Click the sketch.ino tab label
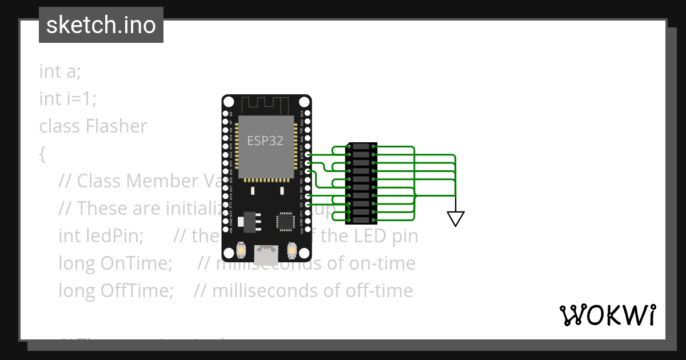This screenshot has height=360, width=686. [x=101, y=25]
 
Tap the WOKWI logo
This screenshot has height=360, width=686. [x=607, y=315]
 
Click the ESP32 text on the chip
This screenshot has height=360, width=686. [x=265, y=141]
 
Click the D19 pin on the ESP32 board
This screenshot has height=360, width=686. [x=308, y=155]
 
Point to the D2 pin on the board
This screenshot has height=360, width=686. [x=308, y=205]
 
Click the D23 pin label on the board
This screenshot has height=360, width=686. [x=302, y=114]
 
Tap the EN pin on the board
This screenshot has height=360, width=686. [x=226, y=114]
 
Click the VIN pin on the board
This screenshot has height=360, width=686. [x=226, y=230]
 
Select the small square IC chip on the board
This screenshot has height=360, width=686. [x=284, y=221]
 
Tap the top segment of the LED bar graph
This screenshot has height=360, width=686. [x=361, y=147]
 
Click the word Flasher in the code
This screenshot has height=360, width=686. [x=116, y=126]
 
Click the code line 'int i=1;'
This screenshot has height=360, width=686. [x=67, y=99]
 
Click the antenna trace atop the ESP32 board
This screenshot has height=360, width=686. [x=266, y=105]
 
